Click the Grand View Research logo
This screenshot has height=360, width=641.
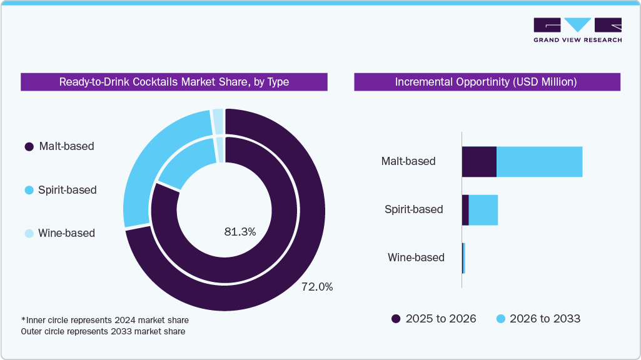pos(577,29)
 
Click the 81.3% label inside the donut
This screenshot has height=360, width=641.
pos(240,232)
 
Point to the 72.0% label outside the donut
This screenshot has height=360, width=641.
pos(316,287)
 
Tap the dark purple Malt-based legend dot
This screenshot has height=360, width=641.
pos(29,147)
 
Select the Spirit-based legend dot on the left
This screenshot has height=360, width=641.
pos(29,190)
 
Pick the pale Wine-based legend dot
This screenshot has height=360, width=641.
pos(29,233)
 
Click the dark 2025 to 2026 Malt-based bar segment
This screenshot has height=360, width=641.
pos(479,162)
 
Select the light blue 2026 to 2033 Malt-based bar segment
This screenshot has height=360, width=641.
pos(539,162)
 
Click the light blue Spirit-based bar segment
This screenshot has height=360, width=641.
pos(483,210)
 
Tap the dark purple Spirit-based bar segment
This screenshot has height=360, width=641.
pos(465,210)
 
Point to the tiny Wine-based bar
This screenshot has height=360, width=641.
pos(463,257)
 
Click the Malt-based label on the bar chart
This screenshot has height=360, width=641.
pos(408,161)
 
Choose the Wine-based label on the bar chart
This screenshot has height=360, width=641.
pos(416,257)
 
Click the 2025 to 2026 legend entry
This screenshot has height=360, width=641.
pos(433,319)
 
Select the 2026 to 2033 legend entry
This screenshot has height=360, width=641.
pos(538,319)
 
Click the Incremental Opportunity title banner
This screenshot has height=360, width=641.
pos(487,82)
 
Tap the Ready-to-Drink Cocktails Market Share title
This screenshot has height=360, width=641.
pos(174,82)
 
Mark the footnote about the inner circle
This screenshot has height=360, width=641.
pos(104,320)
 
